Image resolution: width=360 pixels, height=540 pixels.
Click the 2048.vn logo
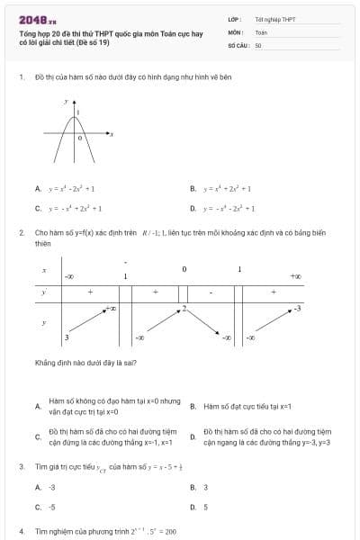[x=37, y=19]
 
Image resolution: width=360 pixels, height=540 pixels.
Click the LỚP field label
[x=233, y=18]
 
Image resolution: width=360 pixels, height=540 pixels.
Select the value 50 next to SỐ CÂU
[x=258, y=44]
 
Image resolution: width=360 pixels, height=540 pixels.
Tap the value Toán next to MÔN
[x=261, y=31]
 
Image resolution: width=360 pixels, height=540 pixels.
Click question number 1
[x=21, y=77]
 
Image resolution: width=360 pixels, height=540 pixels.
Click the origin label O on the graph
[x=79, y=139]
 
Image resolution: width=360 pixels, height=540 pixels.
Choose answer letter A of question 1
[x=38, y=189]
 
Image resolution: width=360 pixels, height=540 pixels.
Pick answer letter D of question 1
[x=193, y=208]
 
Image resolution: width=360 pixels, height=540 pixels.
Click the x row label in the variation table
[x=44, y=271]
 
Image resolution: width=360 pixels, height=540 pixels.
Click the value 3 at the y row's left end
[x=67, y=337]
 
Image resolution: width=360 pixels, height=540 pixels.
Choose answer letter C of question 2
[x=38, y=437]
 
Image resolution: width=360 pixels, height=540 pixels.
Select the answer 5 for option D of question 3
[x=206, y=507]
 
